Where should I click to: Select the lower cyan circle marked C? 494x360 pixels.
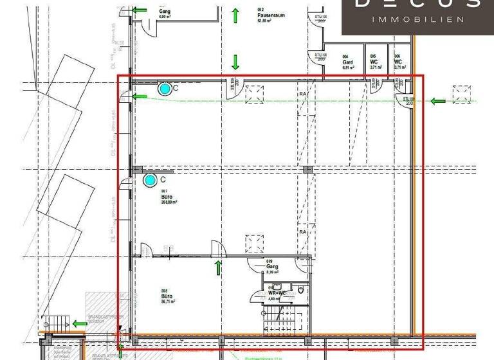[150, 181]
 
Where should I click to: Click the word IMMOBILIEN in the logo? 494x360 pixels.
[418, 20]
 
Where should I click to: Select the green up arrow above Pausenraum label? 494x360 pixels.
[235, 15]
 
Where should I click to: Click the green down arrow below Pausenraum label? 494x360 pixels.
[235, 62]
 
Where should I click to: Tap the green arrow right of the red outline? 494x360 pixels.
[439, 101]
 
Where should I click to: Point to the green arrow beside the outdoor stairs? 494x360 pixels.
[80, 323]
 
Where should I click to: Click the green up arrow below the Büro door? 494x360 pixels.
[218, 267]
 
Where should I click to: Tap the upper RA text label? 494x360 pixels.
[302, 94]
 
